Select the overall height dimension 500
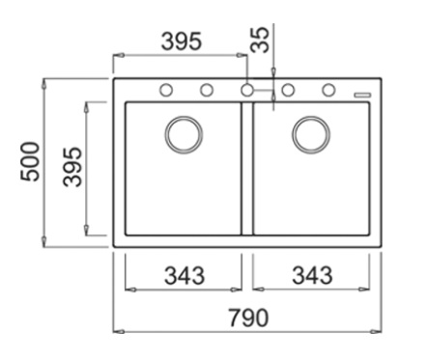(x=30, y=162)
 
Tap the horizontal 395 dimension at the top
(x=181, y=42)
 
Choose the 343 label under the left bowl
(x=183, y=275)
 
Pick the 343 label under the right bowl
(x=311, y=275)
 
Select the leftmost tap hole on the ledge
(x=166, y=91)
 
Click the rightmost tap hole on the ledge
(x=328, y=91)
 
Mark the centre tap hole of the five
(x=247, y=91)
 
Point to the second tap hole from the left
(x=207, y=91)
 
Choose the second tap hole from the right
(x=288, y=91)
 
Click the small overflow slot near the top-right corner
(x=362, y=94)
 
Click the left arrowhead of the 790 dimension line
(x=117, y=331)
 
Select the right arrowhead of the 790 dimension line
(x=379, y=331)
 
